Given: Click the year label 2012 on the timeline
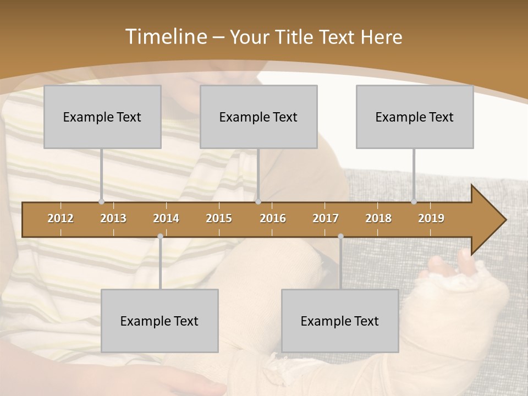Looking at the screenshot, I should point(61,218).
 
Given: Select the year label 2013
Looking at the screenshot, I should point(113,218).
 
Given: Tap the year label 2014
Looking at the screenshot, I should point(166,218).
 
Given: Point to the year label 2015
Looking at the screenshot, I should point(219,218).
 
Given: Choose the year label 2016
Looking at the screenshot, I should point(273,218).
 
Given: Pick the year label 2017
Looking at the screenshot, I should point(326,218).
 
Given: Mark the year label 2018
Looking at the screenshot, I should point(378,218).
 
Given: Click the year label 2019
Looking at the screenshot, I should point(431,218).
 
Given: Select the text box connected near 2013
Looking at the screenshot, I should point(102,117).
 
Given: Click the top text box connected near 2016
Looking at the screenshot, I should point(258,117).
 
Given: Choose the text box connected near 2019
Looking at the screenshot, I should point(415,117).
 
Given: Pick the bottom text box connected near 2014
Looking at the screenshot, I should point(159,321).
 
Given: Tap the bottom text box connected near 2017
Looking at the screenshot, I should point(340,321).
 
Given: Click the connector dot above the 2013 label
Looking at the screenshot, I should point(102,202).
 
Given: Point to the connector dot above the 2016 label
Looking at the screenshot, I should point(258,202).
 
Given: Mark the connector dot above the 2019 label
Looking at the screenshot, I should point(414,202).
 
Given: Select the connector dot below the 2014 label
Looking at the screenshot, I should point(160,237).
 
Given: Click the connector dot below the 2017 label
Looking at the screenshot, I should point(340,237).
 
